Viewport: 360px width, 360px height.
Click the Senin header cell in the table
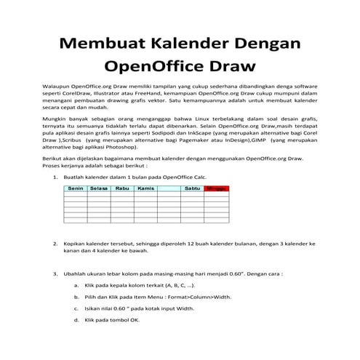75,188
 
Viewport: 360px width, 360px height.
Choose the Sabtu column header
192,188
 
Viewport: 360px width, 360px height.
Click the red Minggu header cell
216,188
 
